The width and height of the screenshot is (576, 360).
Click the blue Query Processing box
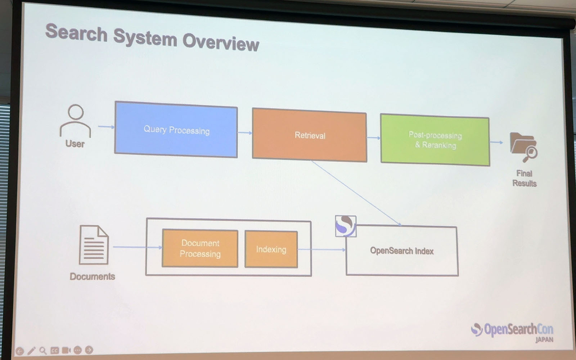coord(176,129)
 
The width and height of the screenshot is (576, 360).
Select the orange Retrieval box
coord(310,135)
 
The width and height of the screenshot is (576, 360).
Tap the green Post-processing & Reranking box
coord(435,140)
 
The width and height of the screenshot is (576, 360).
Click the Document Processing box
coord(200,248)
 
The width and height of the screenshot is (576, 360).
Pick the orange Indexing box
coord(271,249)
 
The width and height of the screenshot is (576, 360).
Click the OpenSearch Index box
coord(402,251)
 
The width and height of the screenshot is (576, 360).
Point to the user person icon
coord(75,121)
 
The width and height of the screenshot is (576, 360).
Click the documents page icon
coord(94,245)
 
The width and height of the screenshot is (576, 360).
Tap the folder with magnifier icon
coord(523,147)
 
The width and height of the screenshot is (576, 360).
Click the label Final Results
coord(524,178)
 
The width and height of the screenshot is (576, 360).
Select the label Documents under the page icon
coord(92,276)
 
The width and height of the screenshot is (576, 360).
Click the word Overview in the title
coord(221,42)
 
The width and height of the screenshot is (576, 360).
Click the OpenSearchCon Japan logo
coord(512,331)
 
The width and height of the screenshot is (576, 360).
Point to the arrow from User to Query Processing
coord(106,127)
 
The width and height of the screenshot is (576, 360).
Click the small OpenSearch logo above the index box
coord(346,226)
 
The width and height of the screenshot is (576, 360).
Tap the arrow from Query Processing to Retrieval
coord(245,132)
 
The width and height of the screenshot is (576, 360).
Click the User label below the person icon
coord(75,144)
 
